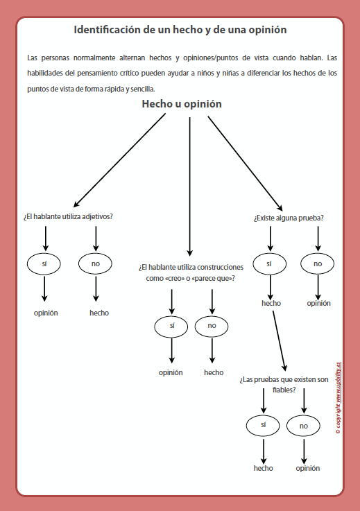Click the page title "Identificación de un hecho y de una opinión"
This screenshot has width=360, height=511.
click(x=180, y=31)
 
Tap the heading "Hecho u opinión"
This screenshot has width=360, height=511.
click(x=182, y=104)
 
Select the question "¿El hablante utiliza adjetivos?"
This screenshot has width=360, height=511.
click(x=68, y=216)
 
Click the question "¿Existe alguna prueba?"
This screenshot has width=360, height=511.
click(x=289, y=218)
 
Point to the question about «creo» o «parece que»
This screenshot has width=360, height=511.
click(x=191, y=272)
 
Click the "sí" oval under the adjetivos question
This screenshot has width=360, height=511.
click(x=45, y=263)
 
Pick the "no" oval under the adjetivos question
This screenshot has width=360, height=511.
click(x=96, y=263)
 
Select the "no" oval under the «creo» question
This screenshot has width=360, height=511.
click(x=212, y=325)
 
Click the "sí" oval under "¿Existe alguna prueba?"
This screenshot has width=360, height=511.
click(x=270, y=263)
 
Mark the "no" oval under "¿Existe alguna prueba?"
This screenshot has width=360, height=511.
click(x=318, y=263)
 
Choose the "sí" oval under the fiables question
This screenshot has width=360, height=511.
click(x=264, y=424)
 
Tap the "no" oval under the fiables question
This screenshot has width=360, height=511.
click(x=304, y=425)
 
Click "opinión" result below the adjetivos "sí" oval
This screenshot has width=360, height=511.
click(x=46, y=313)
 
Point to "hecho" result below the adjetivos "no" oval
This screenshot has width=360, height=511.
click(x=99, y=313)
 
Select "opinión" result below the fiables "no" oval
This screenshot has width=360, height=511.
click(x=308, y=468)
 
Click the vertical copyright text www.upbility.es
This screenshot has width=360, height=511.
click(x=338, y=395)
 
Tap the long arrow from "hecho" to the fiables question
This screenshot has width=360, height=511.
click(x=279, y=340)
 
